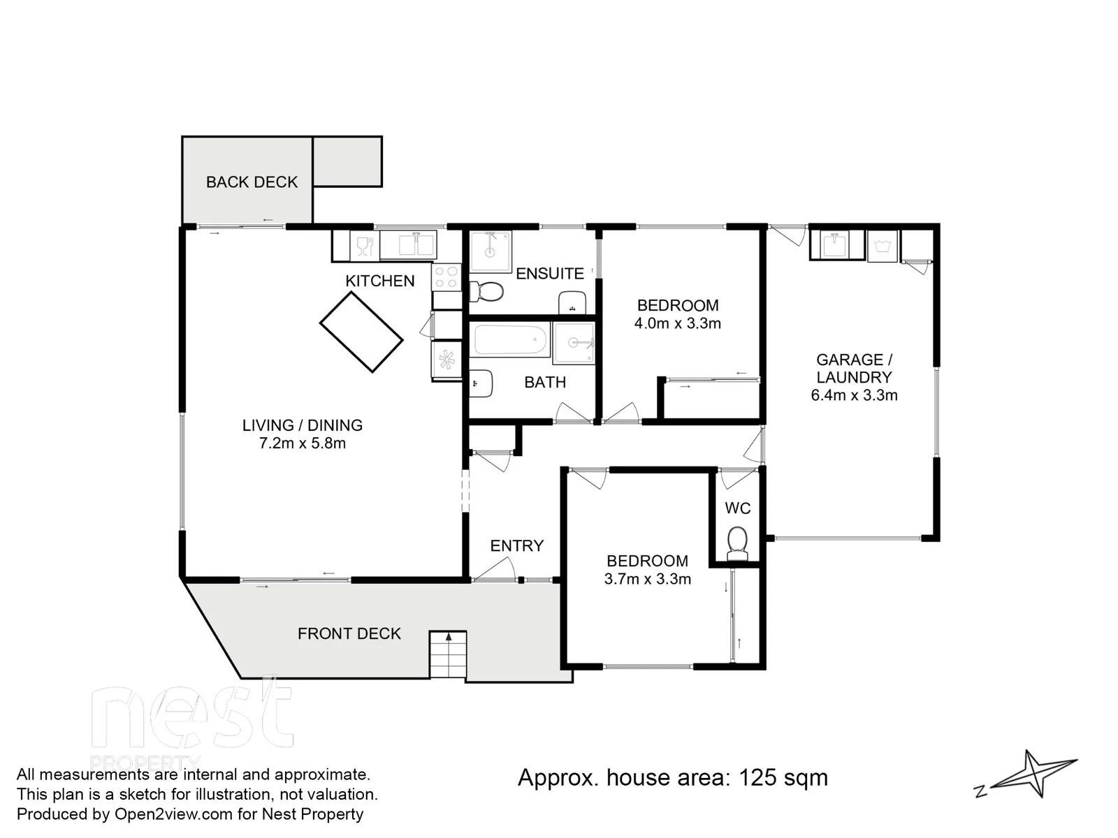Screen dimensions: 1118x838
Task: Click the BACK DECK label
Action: (x=252, y=182)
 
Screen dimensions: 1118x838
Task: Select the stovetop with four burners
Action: (x=447, y=277)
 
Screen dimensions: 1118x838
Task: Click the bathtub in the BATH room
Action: (x=510, y=340)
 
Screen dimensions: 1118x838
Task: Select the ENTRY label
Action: (x=516, y=546)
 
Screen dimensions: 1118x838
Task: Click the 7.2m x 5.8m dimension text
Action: (x=303, y=443)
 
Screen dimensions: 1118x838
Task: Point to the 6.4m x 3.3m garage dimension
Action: (x=854, y=395)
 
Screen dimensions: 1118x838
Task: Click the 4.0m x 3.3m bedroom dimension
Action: (x=677, y=323)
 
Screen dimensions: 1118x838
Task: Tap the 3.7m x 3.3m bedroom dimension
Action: (x=647, y=579)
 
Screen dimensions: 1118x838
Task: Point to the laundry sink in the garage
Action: (x=835, y=244)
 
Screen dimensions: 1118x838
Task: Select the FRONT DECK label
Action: (x=349, y=634)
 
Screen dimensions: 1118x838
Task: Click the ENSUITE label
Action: (x=550, y=274)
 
